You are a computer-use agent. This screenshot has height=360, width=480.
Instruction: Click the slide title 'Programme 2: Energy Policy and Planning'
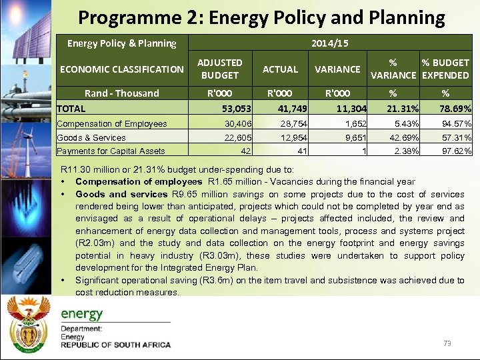coord(261,17)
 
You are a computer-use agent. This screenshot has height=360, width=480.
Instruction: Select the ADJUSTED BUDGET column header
coord(219,69)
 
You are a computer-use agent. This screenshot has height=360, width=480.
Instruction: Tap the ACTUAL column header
coord(280,69)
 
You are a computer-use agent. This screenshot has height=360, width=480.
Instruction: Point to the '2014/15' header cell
coord(330,43)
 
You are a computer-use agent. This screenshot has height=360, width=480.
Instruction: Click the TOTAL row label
coord(71,108)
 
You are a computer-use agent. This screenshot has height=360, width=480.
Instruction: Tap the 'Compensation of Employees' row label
coord(112,123)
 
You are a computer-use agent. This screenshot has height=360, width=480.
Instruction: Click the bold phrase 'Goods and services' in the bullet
coord(121,195)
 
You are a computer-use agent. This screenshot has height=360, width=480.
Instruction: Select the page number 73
coord(447,343)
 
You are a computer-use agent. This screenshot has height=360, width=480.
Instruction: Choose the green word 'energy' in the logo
coord(82,314)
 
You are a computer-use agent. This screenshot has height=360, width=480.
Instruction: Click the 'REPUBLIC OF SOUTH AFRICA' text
coord(115,345)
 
